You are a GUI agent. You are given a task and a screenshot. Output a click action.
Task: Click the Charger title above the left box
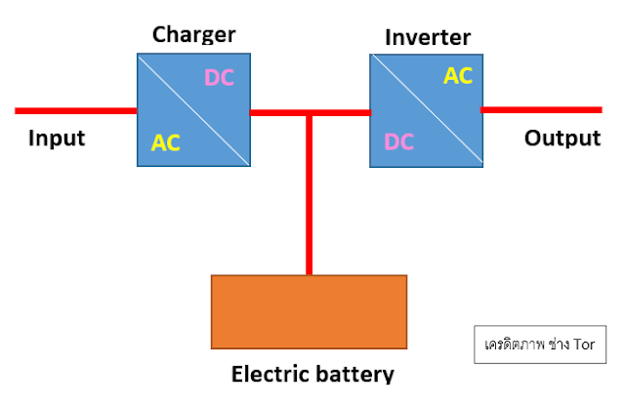(x=193, y=35)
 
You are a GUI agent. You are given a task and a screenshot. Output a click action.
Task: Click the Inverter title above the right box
(x=428, y=37)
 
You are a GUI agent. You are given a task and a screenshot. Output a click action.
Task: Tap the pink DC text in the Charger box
(x=219, y=77)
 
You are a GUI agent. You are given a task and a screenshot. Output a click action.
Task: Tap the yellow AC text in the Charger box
(x=165, y=142)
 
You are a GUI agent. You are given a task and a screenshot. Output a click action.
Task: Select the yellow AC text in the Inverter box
(x=458, y=76)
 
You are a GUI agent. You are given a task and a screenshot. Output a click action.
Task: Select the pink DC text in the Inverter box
(x=399, y=142)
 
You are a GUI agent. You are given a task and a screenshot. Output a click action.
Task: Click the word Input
(x=57, y=139)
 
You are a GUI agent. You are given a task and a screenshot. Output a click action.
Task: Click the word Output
(x=562, y=139)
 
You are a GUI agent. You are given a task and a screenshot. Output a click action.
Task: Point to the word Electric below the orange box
(x=271, y=374)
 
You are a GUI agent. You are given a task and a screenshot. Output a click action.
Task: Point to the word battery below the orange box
(x=354, y=375)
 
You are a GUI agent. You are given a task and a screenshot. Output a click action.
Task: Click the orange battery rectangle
(x=309, y=311)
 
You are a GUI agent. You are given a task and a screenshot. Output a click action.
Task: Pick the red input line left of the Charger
(x=76, y=110)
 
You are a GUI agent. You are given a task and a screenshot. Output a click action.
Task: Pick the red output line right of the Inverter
(x=541, y=110)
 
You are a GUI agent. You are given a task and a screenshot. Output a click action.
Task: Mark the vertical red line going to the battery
(x=310, y=195)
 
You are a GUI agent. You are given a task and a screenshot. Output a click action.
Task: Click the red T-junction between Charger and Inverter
(x=310, y=113)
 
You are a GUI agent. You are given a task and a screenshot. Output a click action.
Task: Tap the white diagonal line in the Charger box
(x=193, y=109)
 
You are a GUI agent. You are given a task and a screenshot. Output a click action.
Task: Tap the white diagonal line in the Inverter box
(x=427, y=110)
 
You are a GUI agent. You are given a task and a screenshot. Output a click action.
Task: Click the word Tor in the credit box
(x=584, y=345)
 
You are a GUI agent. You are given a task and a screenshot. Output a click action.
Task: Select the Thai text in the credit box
(x=527, y=345)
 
